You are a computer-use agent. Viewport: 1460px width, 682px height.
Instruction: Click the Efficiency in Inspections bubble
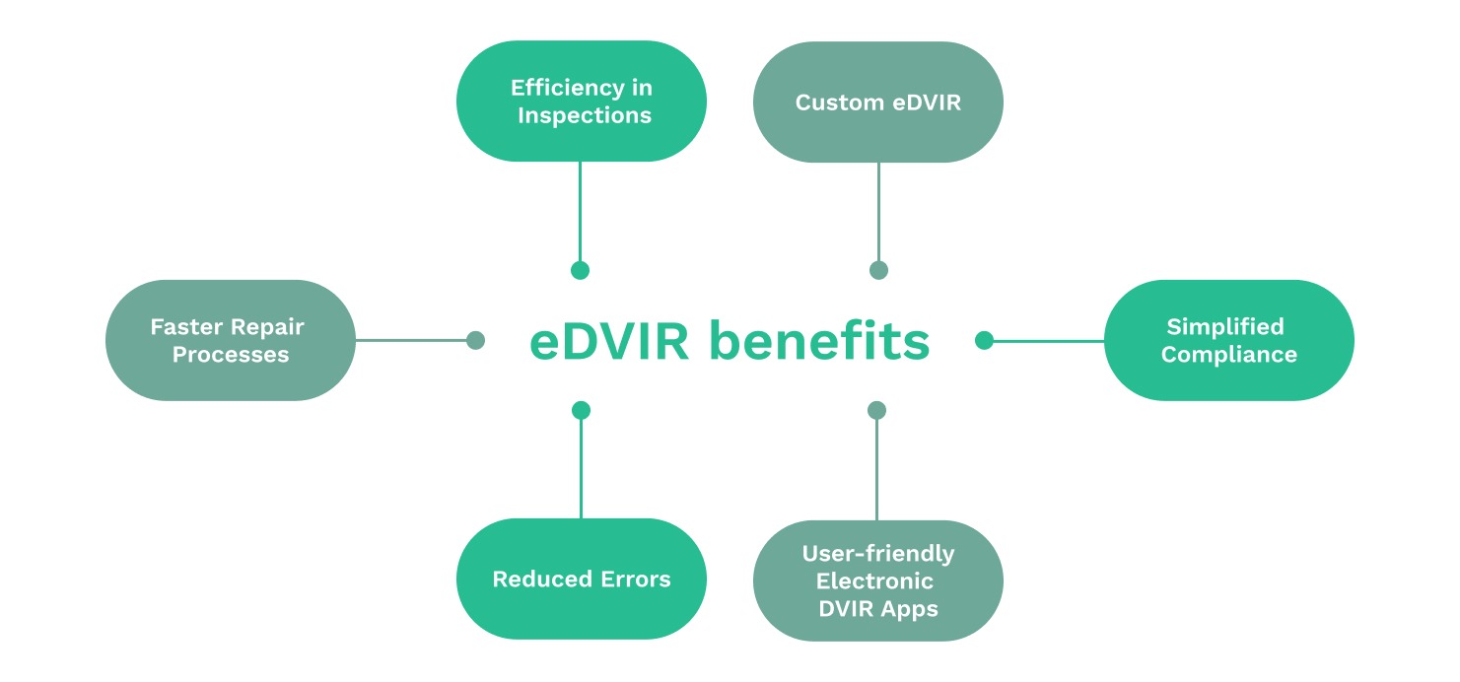click(x=581, y=102)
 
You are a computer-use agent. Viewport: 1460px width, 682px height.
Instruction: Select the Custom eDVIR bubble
click(x=877, y=102)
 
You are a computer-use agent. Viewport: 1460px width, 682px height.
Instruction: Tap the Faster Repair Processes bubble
click(x=230, y=340)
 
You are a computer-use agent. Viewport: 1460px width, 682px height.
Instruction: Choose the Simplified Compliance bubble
click(x=1228, y=340)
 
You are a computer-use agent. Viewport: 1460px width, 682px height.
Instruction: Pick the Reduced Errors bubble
click(x=581, y=580)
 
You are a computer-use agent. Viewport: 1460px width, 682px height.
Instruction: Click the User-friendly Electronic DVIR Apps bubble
click(x=877, y=580)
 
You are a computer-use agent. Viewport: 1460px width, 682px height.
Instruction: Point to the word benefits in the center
click(x=820, y=342)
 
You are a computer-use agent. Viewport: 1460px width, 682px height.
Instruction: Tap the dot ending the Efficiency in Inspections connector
click(x=580, y=270)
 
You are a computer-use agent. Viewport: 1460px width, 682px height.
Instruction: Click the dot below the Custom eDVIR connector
click(x=878, y=270)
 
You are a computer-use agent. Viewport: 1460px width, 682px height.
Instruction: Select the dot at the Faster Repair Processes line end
click(x=475, y=340)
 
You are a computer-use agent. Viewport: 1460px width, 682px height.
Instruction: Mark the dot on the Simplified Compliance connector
click(x=984, y=340)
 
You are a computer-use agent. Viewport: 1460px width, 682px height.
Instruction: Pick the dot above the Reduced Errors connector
click(x=581, y=410)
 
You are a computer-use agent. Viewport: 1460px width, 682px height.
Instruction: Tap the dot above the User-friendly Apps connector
click(x=877, y=410)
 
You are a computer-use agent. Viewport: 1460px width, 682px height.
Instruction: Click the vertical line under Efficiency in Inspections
click(x=580, y=212)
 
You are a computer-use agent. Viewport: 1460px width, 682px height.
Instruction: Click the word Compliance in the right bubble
click(x=1228, y=355)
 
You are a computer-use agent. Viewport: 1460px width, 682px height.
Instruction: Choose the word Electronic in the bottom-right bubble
click(x=877, y=581)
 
